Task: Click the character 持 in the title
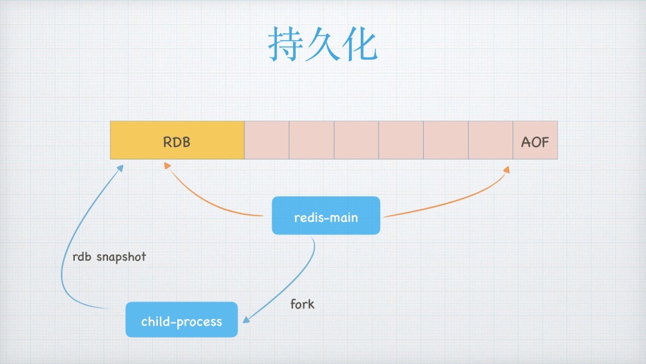(286, 46)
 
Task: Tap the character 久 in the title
(323, 46)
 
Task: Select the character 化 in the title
(359, 46)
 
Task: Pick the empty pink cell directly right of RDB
(267, 141)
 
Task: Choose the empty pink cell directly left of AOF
(490, 141)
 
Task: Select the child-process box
(181, 320)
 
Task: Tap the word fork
(302, 304)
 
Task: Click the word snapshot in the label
(121, 257)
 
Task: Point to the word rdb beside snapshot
(82, 257)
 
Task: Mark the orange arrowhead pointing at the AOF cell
(507, 170)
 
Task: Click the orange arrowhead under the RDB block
(167, 166)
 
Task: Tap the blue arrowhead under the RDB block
(120, 167)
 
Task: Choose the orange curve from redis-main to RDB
(208, 201)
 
